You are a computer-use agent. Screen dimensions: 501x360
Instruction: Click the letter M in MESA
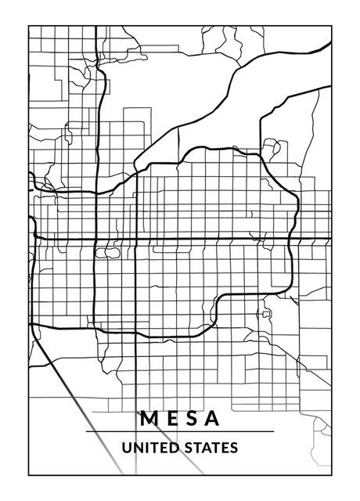149,418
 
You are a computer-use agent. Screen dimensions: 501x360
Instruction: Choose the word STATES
209,449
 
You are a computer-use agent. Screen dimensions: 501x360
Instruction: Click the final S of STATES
234,449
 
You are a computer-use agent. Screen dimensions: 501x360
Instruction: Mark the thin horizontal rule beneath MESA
179,431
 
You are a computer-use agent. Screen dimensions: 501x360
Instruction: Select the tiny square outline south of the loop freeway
266,313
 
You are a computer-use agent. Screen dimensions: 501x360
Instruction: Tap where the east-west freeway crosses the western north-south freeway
95,239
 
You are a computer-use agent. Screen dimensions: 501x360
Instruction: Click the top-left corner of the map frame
29,26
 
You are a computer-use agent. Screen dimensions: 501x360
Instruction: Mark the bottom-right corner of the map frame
332,474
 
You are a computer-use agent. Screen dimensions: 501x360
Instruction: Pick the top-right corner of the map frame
332,26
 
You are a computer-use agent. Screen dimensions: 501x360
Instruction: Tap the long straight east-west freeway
196,239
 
